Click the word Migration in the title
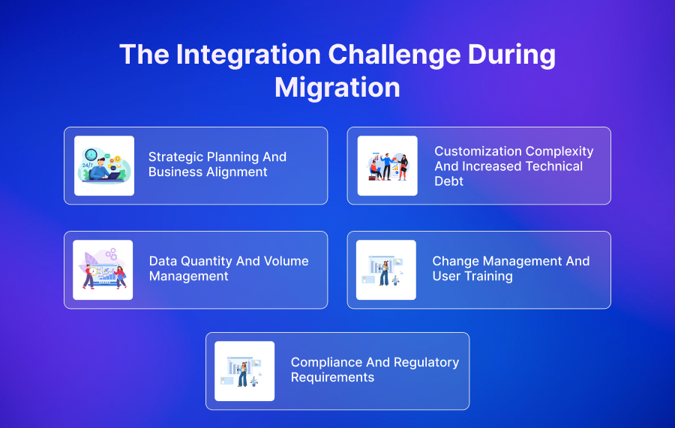click(x=337, y=88)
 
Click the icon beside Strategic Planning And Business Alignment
click(x=104, y=166)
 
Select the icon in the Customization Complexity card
click(x=387, y=166)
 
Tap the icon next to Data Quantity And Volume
click(x=103, y=270)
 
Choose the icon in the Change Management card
click(x=385, y=270)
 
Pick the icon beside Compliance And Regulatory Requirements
click(x=244, y=371)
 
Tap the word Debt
click(x=448, y=181)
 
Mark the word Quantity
click(x=205, y=261)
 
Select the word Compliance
click(x=330, y=362)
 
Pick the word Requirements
click(x=331, y=377)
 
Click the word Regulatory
click(x=425, y=362)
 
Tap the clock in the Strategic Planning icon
click(x=91, y=155)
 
